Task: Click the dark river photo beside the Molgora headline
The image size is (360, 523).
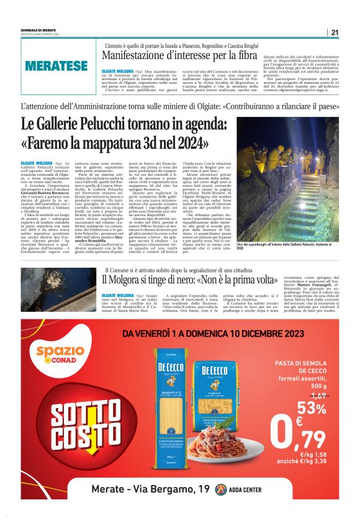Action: tap(59, 287)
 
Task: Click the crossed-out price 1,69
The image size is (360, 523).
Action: tap(317, 395)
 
